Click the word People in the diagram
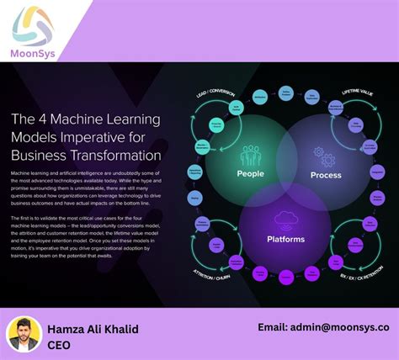click(249, 174)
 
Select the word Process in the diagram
click(326, 175)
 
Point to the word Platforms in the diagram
click(287, 240)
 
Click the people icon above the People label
click(251, 156)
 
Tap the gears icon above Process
click(325, 156)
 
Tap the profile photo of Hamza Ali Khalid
click(24, 334)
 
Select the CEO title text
click(59, 345)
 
